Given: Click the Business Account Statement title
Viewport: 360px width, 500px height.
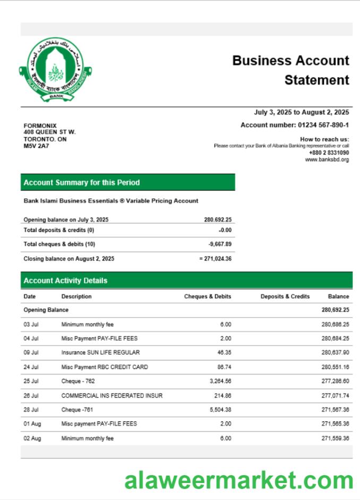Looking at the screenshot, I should [290, 70].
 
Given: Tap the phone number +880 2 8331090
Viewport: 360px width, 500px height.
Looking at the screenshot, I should [329, 153].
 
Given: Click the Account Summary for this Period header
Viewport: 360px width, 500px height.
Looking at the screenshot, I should [82, 183].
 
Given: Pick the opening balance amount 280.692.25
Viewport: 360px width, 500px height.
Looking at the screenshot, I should [218, 220].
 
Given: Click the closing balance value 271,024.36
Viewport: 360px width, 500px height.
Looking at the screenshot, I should [217, 259].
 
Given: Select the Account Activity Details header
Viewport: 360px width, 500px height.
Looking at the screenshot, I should [65, 281].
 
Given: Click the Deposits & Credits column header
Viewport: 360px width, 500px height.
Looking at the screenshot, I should [285, 297].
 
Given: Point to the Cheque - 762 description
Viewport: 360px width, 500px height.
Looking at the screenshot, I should [78, 381].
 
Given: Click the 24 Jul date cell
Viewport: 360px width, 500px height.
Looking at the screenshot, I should [30, 367].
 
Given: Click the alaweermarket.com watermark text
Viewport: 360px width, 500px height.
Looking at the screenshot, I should [238, 480].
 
